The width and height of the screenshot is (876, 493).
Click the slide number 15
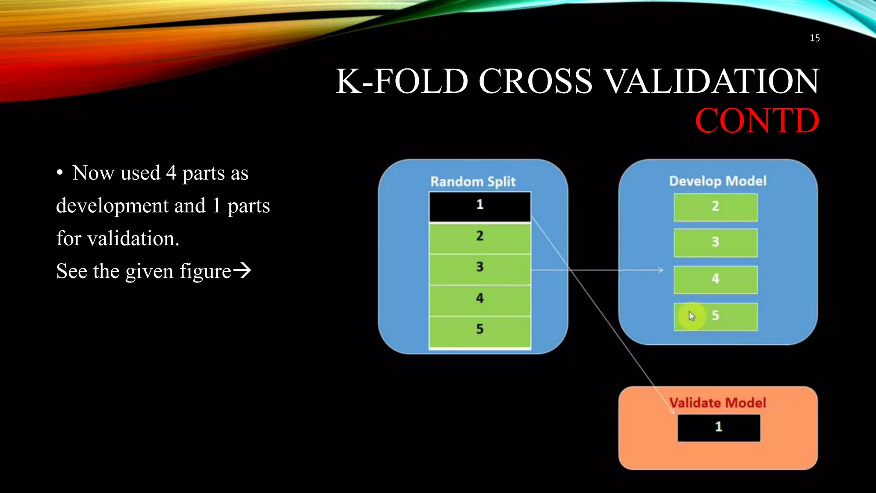(814, 38)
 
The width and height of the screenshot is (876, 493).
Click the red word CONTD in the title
(757, 121)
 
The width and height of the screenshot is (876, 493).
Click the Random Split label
(473, 181)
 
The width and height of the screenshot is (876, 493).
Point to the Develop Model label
(717, 181)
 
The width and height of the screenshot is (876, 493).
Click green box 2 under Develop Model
(715, 207)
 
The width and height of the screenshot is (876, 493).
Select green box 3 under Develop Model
(715, 243)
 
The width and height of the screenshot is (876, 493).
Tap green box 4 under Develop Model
(715, 279)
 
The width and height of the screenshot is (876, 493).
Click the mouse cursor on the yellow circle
(692, 316)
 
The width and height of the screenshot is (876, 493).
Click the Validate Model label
(717, 403)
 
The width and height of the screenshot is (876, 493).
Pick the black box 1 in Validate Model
(719, 427)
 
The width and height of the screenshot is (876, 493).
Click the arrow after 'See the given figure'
(242, 270)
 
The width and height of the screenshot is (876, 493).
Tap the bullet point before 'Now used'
(60, 173)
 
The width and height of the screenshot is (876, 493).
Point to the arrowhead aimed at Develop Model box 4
(661, 270)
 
